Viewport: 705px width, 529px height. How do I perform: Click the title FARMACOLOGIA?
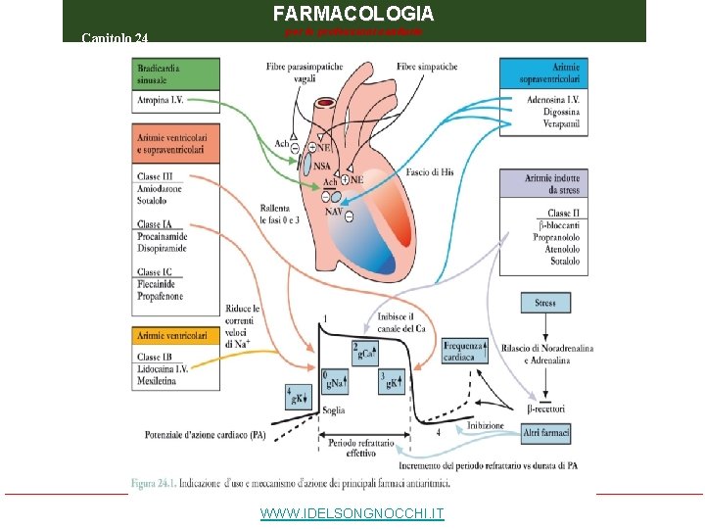click(352, 14)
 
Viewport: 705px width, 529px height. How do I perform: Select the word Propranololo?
click(556, 237)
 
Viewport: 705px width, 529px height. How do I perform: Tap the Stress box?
click(545, 304)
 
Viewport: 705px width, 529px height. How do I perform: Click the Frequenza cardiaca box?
click(464, 351)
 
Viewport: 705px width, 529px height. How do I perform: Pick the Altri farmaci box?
click(545, 432)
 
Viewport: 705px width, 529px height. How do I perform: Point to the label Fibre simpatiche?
click(427, 67)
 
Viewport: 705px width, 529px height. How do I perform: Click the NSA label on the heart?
click(322, 168)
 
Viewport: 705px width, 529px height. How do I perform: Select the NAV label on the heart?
click(332, 212)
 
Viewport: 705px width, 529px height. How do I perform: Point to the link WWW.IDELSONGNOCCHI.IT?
click(352, 513)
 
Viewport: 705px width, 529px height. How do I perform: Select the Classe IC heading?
click(155, 272)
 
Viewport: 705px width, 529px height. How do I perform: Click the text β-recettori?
click(545, 408)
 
